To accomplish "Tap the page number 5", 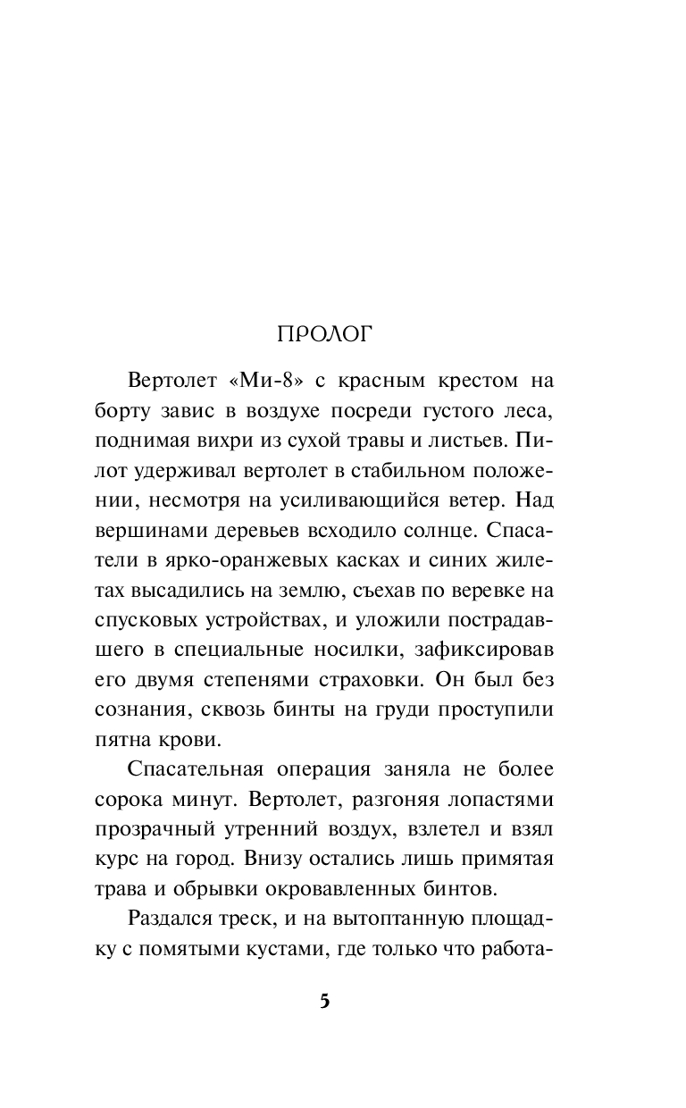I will coord(325,1001).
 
